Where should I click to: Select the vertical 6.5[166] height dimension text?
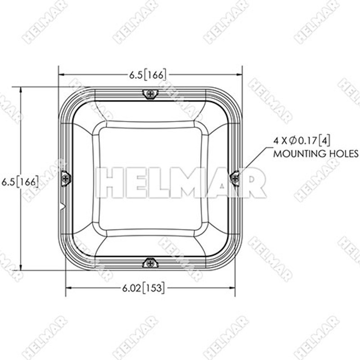click(19, 182)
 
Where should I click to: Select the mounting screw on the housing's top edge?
click(150, 94)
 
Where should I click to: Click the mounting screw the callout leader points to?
click(234, 179)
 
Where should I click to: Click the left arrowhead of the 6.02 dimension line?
click(69, 287)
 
